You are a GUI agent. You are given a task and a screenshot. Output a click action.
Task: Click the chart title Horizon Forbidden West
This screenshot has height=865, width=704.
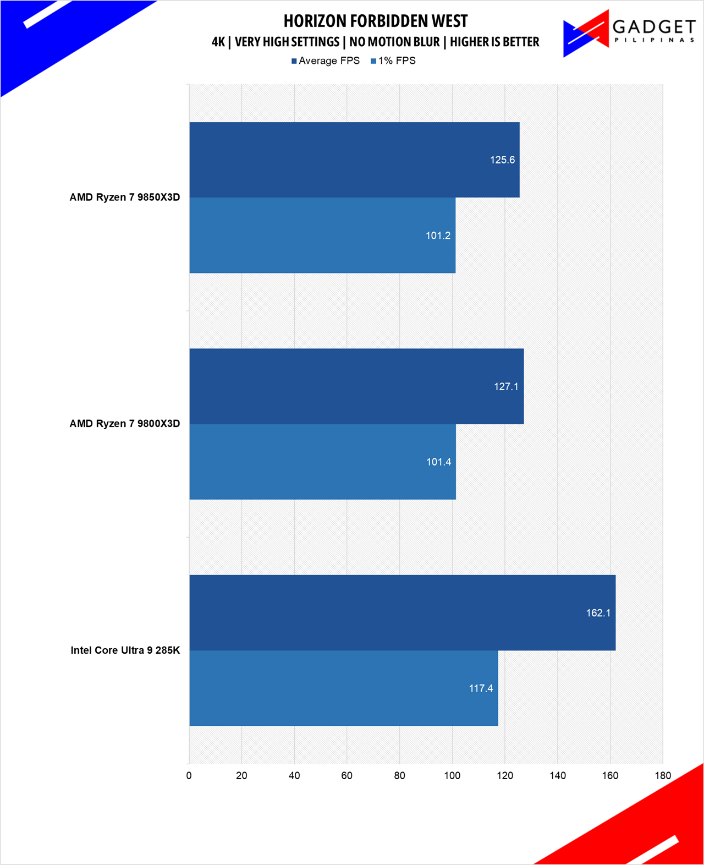coord(376,21)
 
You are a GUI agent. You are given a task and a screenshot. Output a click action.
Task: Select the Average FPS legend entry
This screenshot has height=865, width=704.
coord(326,61)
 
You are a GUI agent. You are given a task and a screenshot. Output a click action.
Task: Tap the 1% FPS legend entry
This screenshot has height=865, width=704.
coord(394,61)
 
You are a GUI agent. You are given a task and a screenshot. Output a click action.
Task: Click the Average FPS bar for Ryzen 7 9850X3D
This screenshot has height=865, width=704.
coord(354,160)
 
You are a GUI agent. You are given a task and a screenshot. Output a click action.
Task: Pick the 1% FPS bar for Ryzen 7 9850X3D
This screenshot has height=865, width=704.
coord(322,236)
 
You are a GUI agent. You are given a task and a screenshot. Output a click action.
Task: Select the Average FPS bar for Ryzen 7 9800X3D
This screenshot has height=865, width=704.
coord(356,386)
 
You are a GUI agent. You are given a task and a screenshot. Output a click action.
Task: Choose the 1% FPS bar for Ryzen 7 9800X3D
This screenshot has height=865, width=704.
coord(322,462)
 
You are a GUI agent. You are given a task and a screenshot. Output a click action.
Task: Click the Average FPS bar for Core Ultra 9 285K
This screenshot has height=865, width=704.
coord(402,612)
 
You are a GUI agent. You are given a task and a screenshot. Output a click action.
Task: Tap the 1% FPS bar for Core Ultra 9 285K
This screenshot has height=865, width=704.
coord(343,688)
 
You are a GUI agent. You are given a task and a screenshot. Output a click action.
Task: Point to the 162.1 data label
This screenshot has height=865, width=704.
coord(598,613)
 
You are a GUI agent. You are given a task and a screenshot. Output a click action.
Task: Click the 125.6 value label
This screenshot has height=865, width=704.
coord(502,160)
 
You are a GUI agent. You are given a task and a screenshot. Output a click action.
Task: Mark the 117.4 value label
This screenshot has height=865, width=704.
coord(481,688)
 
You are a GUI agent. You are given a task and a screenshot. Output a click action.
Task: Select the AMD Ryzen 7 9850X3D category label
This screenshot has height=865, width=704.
coord(125,198)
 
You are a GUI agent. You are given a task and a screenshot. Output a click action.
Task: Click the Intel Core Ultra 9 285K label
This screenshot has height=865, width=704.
coord(125,650)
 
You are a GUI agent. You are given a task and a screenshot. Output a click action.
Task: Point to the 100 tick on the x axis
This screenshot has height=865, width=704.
coord(452,776)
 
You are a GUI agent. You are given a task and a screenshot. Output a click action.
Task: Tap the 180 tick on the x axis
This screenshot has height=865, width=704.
coord(663,776)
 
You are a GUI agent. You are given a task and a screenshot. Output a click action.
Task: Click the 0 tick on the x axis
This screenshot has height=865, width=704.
coord(189,776)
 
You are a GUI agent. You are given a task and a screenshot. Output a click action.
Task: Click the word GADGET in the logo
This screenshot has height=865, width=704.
coord(653,26)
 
